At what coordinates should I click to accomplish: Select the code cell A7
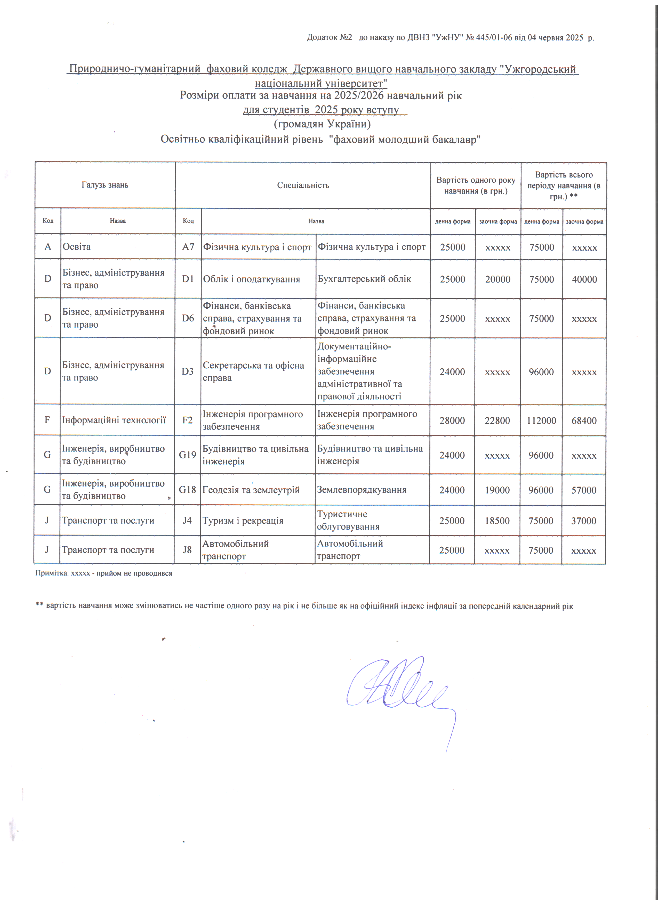[x=188, y=247]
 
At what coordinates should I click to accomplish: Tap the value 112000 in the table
[x=541, y=421]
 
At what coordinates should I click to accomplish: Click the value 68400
[x=584, y=421]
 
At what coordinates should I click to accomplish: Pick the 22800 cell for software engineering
[x=497, y=421]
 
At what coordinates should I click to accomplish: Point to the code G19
[x=187, y=455]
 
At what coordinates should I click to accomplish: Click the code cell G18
[x=187, y=490]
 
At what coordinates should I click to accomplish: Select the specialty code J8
[x=187, y=550]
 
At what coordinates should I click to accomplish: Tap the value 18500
[x=497, y=521]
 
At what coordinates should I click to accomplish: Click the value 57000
[x=584, y=490]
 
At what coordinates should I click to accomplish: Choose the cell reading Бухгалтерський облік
[x=364, y=279]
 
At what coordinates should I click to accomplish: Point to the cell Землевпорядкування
[x=362, y=490]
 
